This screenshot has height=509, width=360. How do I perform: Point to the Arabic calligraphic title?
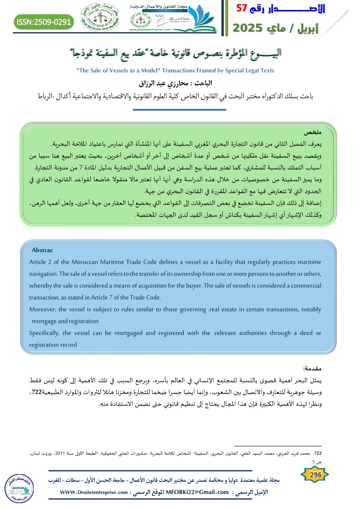pyautogui.click(x=180, y=53)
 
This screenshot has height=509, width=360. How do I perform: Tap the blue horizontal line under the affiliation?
pyautogui.click(x=180, y=110)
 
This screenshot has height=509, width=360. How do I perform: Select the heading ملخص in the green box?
pyautogui.click(x=323, y=132)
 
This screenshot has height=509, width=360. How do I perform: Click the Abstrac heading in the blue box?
pyautogui.click(x=42, y=250)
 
